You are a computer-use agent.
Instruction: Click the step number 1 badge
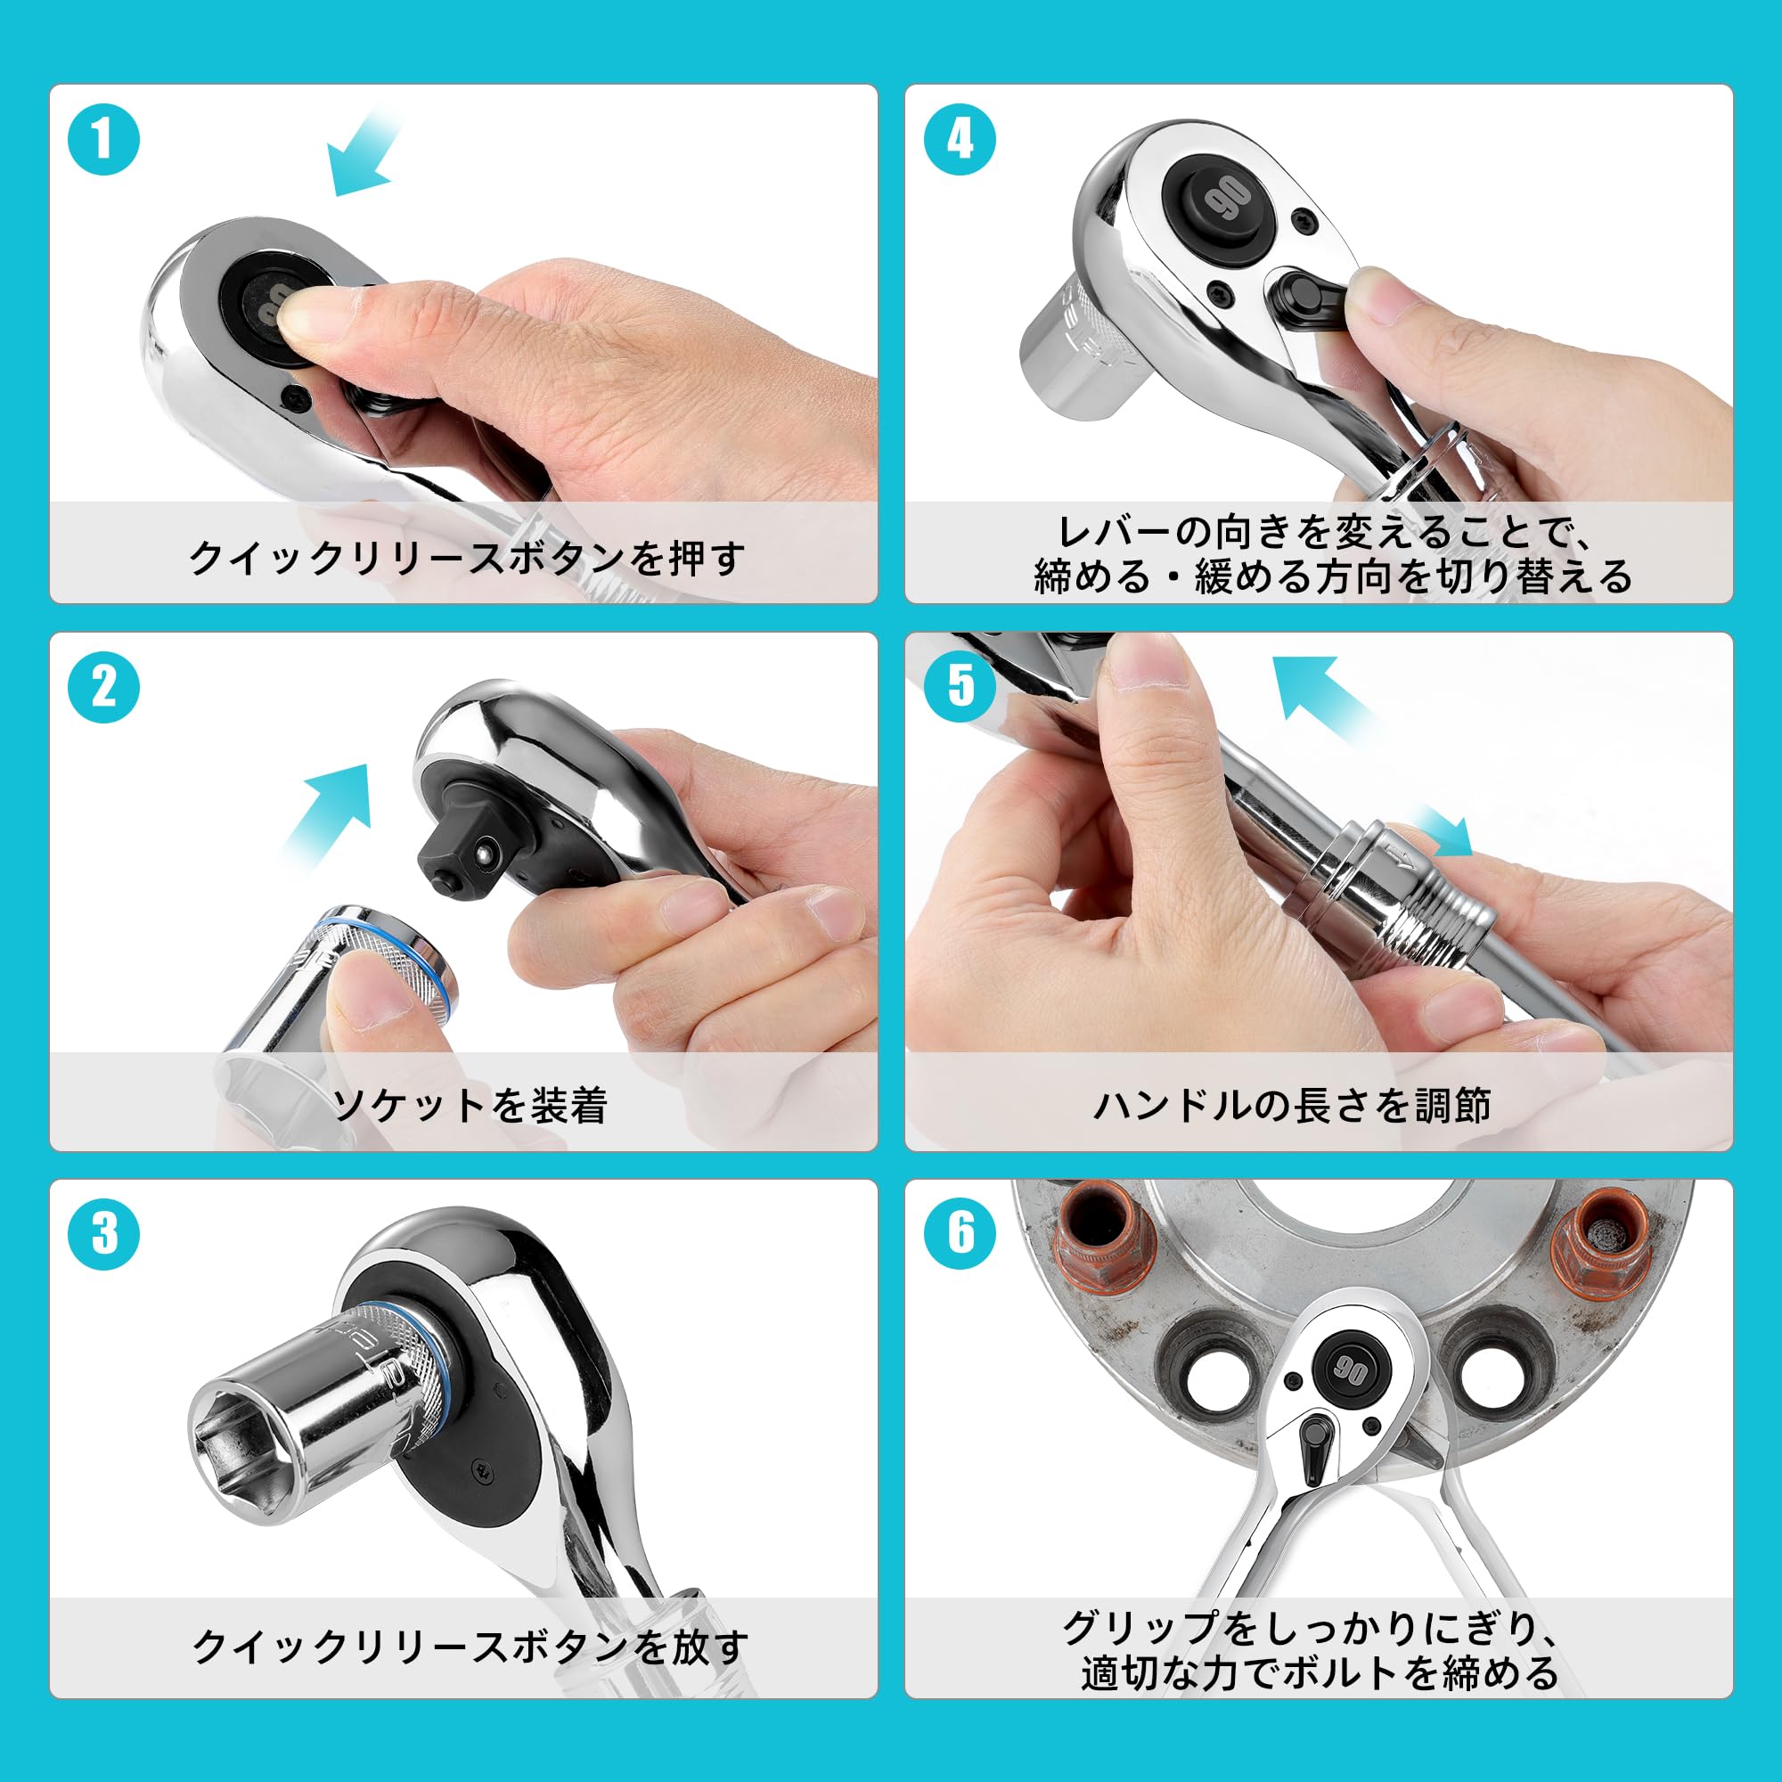point(103,140)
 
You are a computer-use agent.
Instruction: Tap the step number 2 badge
point(103,687)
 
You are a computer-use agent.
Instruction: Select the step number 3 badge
point(103,1233)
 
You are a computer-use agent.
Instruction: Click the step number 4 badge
point(960,140)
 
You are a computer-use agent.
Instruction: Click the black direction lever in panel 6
point(1313,1451)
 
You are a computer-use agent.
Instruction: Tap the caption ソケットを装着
point(470,1104)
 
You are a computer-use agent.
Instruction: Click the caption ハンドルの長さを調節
point(1291,1104)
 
